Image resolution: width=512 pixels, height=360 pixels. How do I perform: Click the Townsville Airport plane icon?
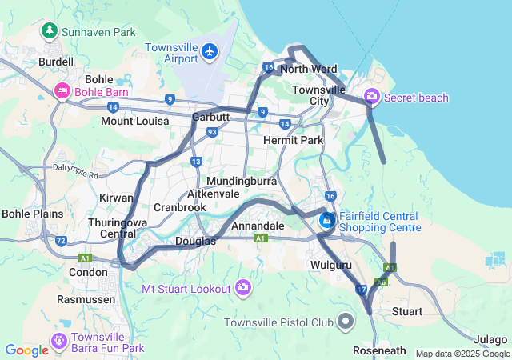click(210, 52)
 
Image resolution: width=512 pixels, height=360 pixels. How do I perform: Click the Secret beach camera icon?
click(371, 98)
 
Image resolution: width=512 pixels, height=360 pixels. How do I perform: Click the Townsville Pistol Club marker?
click(346, 322)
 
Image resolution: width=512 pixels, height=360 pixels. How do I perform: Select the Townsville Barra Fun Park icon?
click(58, 342)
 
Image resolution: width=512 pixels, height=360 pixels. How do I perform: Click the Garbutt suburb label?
click(211, 117)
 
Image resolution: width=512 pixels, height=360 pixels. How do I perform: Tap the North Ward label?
click(309, 69)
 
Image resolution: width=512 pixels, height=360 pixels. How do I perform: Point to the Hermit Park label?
click(293, 140)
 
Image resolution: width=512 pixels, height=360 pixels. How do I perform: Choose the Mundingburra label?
click(242, 181)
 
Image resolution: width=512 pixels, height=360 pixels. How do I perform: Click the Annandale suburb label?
click(258, 226)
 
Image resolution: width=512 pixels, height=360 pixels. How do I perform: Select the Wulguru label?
click(330, 264)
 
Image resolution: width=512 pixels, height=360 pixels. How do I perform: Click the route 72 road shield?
click(61, 240)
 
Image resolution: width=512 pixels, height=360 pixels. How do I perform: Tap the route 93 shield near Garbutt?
click(212, 132)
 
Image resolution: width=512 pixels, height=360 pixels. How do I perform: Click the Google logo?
click(27, 350)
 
